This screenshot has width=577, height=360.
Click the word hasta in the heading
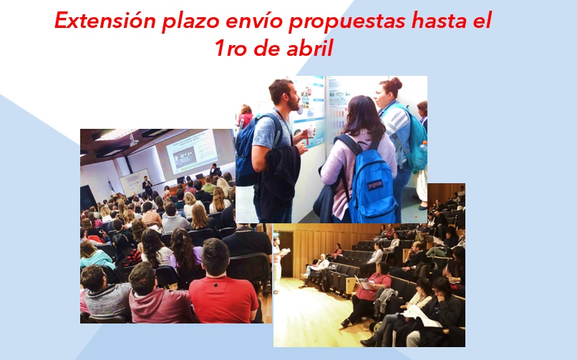[x=439, y=21]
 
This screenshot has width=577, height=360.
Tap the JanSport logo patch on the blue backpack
[x=375, y=185]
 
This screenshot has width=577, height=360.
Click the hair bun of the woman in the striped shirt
[x=395, y=82]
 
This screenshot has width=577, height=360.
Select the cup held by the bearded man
[x=311, y=131]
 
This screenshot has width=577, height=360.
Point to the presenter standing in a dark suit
[x=147, y=186]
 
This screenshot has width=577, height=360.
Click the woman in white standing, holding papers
[x=277, y=263]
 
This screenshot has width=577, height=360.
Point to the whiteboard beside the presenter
[x=135, y=183]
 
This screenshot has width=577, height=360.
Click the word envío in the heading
[x=254, y=21]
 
